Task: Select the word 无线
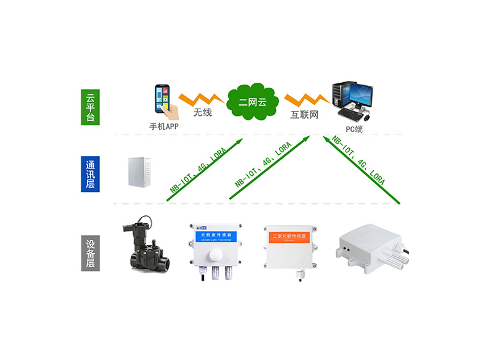coord(202,112)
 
